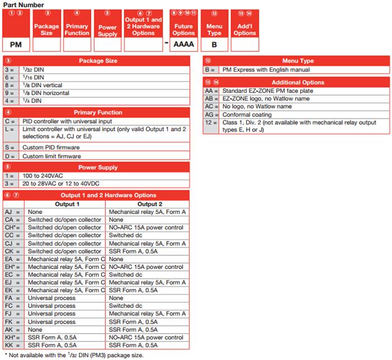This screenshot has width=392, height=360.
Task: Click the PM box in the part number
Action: coord(16,44)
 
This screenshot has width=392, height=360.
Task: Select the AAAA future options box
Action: coord(184,44)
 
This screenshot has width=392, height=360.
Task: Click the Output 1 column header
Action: coord(66,204)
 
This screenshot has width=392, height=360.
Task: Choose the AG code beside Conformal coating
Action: coord(210,114)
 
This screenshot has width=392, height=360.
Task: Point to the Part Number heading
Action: coord(23,4)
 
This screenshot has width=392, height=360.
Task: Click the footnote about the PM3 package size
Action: coord(75,355)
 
